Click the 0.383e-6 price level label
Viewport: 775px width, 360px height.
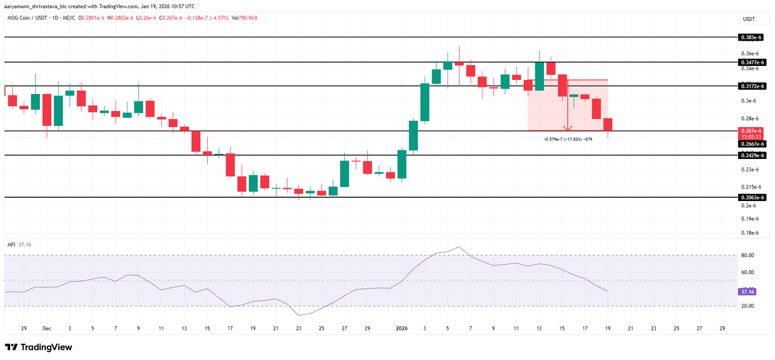(751, 37)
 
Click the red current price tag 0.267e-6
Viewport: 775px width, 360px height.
(751, 131)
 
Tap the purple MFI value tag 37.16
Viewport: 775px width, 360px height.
(747, 292)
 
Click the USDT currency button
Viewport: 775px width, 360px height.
(749, 19)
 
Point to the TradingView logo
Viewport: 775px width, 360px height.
(39, 347)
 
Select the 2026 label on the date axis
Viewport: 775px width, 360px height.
(402, 329)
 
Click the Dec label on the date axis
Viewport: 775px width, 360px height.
(46, 329)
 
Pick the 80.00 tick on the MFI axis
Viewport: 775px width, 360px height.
(747, 255)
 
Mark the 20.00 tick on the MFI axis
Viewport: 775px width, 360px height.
(747, 306)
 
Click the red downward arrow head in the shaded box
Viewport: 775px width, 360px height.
(568, 128)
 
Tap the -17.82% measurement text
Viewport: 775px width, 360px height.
(568, 140)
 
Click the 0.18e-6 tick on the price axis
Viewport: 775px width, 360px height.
(750, 233)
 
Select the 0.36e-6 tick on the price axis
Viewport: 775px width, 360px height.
(750, 54)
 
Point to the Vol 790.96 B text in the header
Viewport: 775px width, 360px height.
(244, 18)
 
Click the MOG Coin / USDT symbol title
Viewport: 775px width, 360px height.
(27, 18)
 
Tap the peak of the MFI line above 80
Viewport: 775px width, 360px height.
(459, 247)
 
